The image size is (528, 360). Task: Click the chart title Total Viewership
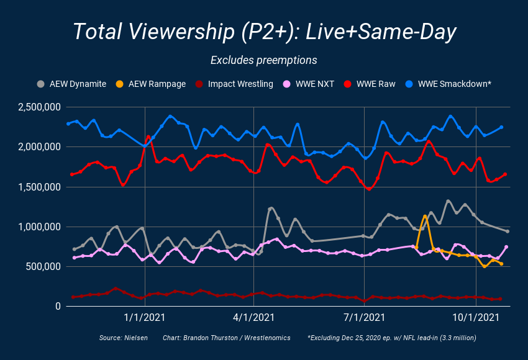[x=264, y=31]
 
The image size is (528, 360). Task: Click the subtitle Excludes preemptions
[x=264, y=60]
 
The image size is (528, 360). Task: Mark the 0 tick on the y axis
[x=57, y=307]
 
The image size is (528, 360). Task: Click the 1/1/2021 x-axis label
[x=144, y=318]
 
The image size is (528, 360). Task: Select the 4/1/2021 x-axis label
[x=255, y=318]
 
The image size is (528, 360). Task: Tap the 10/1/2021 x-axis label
[x=476, y=318]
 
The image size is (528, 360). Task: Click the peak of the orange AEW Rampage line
[x=425, y=216]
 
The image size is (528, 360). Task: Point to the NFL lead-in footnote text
[x=391, y=338]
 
